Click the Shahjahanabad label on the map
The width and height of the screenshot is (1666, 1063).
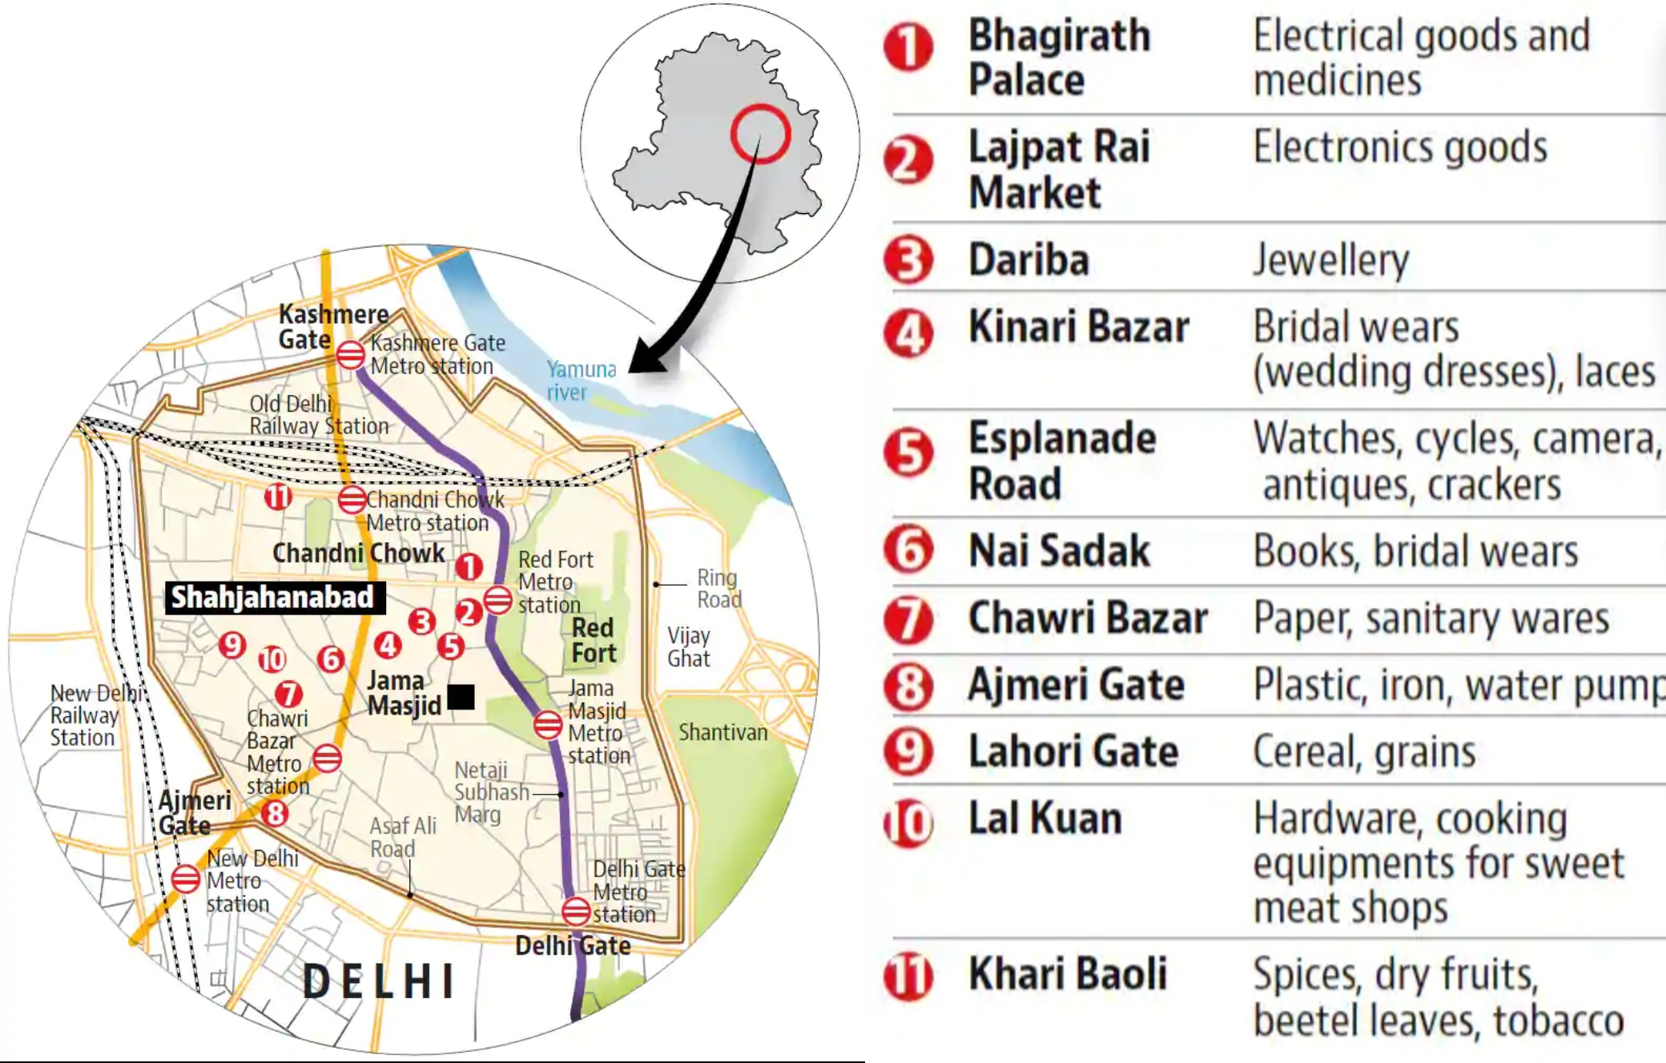(273, 598)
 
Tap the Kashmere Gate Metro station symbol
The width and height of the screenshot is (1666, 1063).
(351, 354)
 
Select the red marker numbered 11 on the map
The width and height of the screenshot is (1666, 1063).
(278, 497)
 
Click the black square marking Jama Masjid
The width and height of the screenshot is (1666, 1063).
(461, 697)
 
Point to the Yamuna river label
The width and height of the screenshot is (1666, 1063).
(581, 381)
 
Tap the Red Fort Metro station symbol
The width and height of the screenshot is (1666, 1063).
(497, 599)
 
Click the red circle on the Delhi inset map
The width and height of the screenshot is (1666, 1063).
(760, 134)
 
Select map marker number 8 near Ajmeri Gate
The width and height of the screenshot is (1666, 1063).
(276, 814)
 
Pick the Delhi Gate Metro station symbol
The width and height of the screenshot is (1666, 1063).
(576, 911)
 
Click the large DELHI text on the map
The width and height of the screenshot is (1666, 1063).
(380, 981)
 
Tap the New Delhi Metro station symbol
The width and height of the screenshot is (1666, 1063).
(185, 879)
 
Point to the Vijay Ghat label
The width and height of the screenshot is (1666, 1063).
(688, 647)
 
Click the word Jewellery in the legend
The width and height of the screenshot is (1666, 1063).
(1330, 260)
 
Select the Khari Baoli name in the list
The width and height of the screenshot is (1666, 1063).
(1068, 974)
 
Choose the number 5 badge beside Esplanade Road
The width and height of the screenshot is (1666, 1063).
(908, 453)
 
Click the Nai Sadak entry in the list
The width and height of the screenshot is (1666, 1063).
(1059, 551)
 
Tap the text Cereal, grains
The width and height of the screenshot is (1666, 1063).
(1364, 751)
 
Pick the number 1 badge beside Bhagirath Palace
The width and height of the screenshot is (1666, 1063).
(908, 47)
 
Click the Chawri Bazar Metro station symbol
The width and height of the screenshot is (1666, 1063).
(327, 758)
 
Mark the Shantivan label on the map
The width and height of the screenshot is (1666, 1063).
(722, 732)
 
